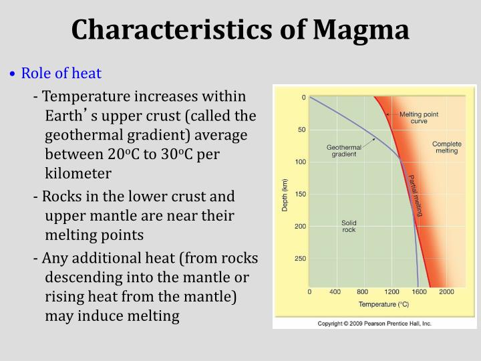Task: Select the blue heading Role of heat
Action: pyautogui.click(x=61, y=73)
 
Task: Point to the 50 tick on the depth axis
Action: pyautogui.click(x=301, y=130)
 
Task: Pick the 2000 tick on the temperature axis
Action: pyautogui.click(x=446, y=292)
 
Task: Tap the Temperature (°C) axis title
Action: pyautogui.click(x=383, y=304)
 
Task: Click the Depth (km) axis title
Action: pyautogui.click(x=285, y=195)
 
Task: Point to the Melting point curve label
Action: pyautogui.click(x=419, y=118)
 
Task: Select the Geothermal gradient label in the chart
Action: pyautogui.click(x=344, y=151)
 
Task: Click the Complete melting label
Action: pyautogui.click(x=446, y=147)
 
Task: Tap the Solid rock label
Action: pyautogui.click(x=349, y=226)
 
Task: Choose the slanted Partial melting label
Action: pyautogui.click(x=416, y=195)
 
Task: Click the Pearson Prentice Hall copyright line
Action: pyautogui.click(x=374, y=323)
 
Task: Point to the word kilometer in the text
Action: pyautogui.click(x=77, y=173)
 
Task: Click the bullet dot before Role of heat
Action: pyautogui.click(x=12, y=74)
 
